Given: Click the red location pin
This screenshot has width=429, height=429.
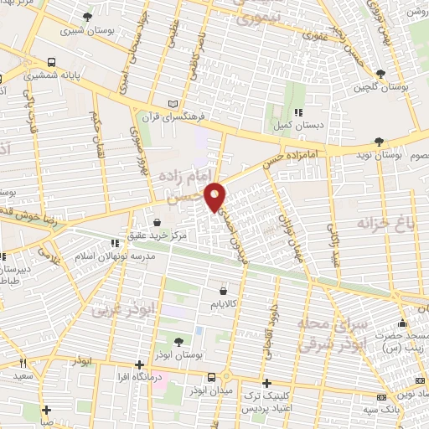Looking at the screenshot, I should (x=216, y=196).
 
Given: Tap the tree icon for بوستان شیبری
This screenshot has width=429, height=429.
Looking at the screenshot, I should (x=88, y=16).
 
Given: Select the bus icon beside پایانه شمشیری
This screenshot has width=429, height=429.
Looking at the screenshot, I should (x=52, y=63).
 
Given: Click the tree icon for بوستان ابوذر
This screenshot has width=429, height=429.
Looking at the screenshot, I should (x=178, y=341).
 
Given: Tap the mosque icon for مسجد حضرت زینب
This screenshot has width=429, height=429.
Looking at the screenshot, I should (x=404, y=323).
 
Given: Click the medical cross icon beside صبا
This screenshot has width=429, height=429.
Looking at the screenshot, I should (x=47, y=410).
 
